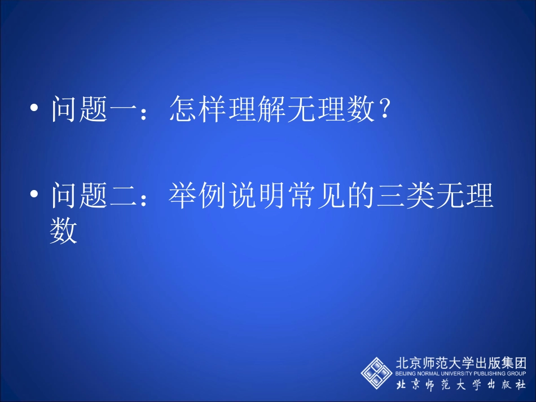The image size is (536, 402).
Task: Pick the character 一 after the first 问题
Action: pos(124,108)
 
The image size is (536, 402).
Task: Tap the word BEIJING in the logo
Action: pos(403,373)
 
